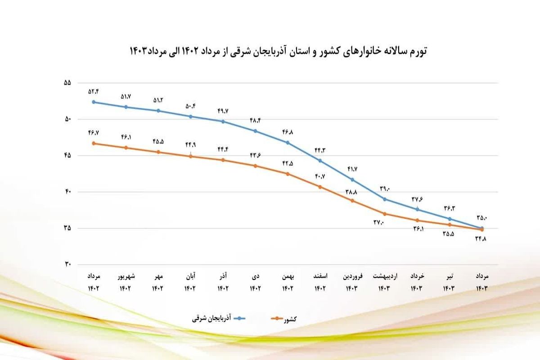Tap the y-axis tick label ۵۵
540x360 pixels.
click(x=68, y=83)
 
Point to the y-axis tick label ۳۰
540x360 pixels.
click(x=68, y=265)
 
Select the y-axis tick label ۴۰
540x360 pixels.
click(x=68, y=192)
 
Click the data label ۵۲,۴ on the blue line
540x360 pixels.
click(x=94, y=92)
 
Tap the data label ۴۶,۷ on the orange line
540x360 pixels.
click(x=94, y=133)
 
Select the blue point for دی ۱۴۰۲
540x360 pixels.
click(x=255, y=131)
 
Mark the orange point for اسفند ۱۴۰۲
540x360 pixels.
click(x=320, y=187)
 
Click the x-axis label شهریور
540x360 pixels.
click(x=126, y=276)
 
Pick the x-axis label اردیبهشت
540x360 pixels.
click(x=385, y=276)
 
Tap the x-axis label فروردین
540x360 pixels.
click(x=352, y=276)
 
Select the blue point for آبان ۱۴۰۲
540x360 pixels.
click(x=191, y=116)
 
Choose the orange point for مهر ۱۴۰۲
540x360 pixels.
click(x=158, y=152)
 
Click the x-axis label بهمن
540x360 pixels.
click(x=288, y=276)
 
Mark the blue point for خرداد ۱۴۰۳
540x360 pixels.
click(x=417, y=209)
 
